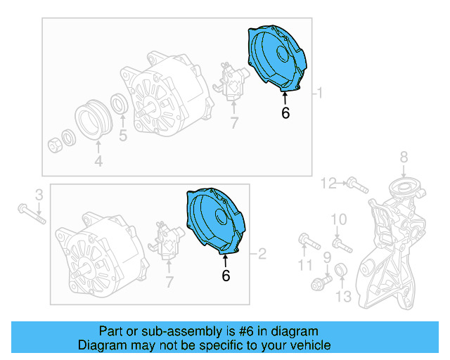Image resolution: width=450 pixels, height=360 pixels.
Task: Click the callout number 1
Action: pos(321,93)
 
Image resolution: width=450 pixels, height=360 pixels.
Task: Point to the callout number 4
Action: pos(98,162)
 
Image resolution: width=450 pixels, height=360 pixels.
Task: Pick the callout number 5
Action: pos(122,136)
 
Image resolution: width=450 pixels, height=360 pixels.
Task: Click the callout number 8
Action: pos(404,157)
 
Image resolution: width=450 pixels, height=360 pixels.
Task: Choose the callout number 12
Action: pos(329,184)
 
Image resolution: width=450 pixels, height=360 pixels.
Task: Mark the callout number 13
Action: pos(342,297)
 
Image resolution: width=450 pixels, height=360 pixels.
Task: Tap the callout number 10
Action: pos(339,221)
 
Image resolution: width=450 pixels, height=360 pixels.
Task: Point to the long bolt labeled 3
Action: pos(30,212)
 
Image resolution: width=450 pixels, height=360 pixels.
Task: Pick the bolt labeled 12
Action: pos(357,187)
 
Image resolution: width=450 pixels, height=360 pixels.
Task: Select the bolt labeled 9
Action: pos(322,283)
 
